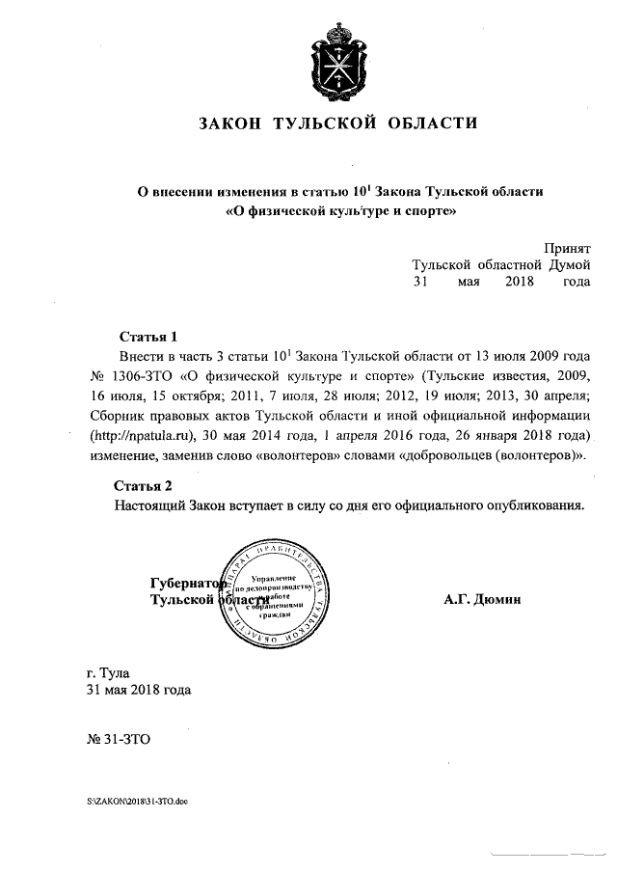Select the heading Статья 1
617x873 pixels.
tap(148, 338)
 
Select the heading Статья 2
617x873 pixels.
tap(143, 484)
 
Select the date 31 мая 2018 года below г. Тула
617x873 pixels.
tap(138, 690)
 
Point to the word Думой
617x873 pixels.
tap(563, 265)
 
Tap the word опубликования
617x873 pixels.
tap(537, 505)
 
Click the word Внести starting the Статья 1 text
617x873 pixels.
tap(144, 357)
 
